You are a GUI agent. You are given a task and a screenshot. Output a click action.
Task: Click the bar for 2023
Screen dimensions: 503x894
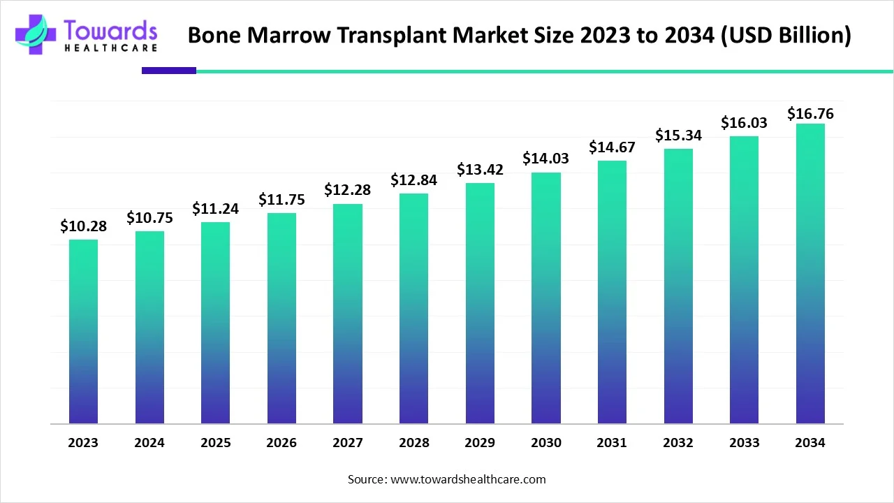point(83,332)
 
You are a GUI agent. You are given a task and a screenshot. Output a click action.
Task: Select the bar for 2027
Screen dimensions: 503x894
point(347,314)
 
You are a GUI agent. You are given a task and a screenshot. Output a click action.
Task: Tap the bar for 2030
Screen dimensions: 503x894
point(545,298)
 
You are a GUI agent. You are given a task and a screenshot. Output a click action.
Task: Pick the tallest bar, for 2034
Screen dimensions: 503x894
point(810,274)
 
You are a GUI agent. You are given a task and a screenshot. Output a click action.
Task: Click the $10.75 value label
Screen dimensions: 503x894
point(149,218)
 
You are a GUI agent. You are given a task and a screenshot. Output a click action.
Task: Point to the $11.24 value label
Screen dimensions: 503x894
point(215,209)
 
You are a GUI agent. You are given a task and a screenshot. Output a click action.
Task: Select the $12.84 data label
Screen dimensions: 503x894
point(413,180)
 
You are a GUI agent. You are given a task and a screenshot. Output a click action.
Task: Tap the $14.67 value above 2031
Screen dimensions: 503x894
point(612,147)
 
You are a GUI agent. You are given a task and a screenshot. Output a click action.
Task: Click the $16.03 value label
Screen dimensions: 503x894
point(744,123)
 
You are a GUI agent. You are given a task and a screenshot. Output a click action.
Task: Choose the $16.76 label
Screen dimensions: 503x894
point(810,113)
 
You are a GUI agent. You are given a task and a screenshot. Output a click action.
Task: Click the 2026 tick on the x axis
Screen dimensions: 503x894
point(281,443)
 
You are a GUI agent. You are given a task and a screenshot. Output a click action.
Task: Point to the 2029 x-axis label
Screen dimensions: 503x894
point(480,443)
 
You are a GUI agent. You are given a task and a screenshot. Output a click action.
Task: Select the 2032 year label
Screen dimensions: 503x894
point(678,443)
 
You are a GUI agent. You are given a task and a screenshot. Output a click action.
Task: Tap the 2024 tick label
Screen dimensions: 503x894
point(149,443)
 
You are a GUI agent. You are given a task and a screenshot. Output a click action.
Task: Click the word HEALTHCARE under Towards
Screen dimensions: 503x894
point(110,48)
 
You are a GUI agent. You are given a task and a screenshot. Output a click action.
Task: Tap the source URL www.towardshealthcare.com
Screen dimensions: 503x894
point(466,479)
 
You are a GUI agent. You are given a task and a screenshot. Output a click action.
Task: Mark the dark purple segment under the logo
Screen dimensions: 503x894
point(168,71)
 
